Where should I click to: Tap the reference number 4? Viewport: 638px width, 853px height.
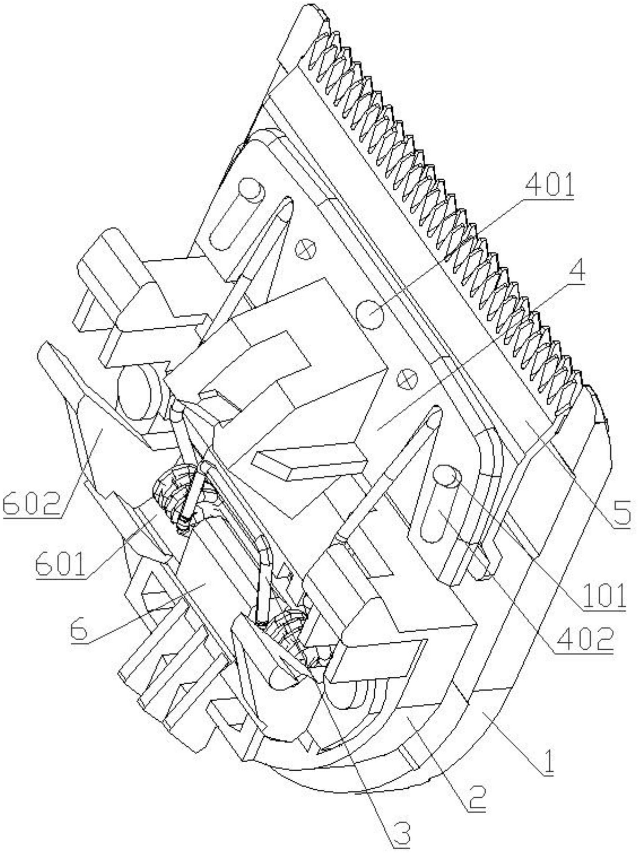click(577, 273)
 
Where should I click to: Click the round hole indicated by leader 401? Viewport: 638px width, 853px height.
click(370, 314)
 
